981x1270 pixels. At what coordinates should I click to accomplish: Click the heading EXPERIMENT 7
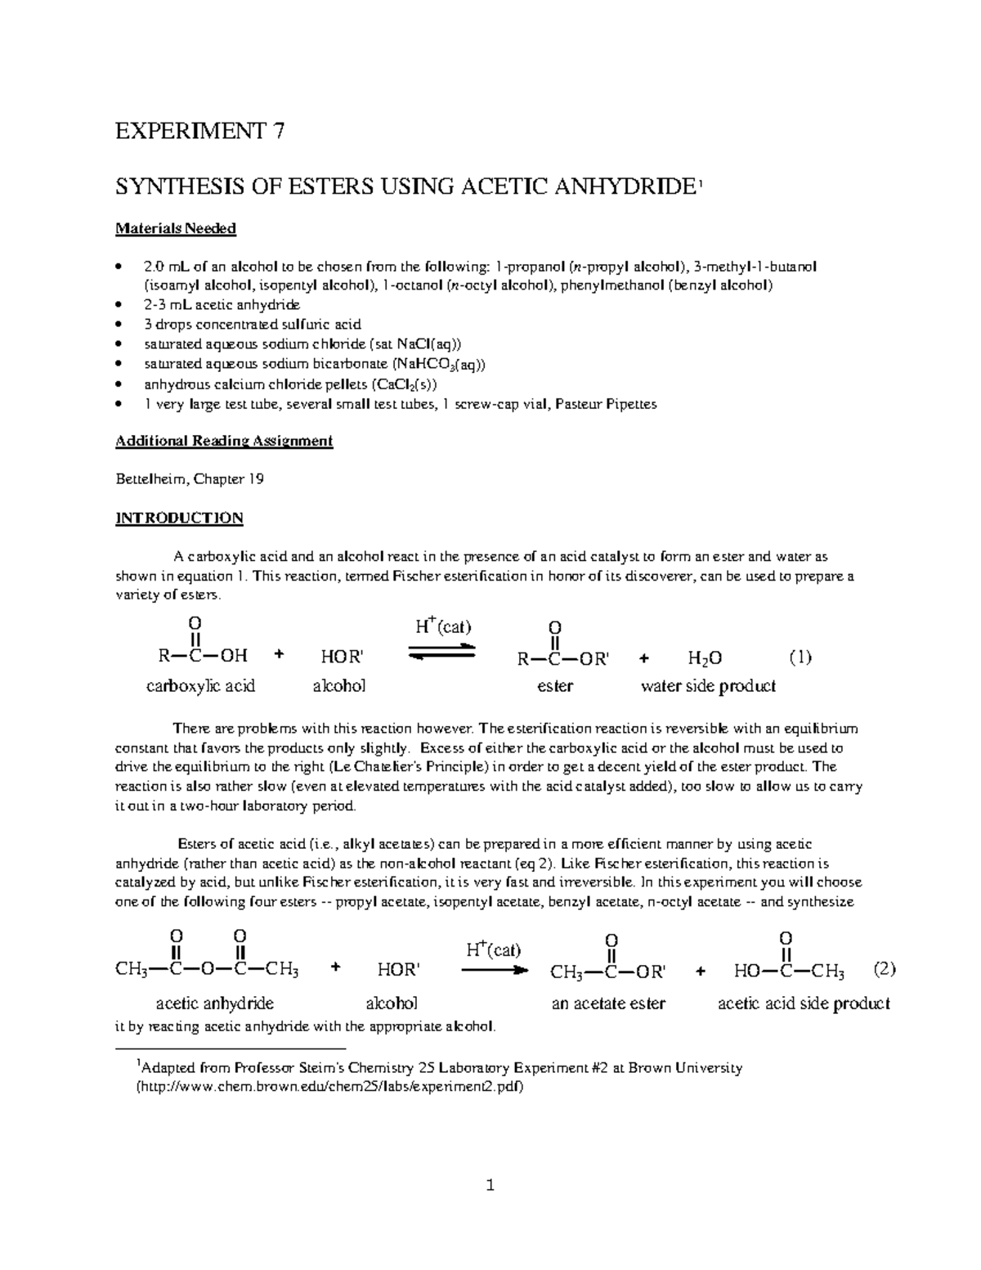(x=200, y=132)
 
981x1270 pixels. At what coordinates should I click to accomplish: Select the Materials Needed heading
(x=176, y=229)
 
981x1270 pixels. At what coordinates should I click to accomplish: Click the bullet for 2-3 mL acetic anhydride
(x=119, y=305)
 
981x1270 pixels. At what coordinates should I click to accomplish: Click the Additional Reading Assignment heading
(x=224, y=441)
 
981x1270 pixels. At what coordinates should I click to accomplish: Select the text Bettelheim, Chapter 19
(x=190, y=479)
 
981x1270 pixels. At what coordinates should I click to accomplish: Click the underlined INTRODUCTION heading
(x=179, y=518)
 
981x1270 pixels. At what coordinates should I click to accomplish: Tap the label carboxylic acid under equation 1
(x=200, y=686)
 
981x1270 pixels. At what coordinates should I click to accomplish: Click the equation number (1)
(x=800, y=657)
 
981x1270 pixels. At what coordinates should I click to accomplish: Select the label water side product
(x=707, y=686)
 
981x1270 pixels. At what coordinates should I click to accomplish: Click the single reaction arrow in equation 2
(x=491, y=971)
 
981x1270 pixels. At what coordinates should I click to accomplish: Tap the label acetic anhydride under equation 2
(x=214, y=1003)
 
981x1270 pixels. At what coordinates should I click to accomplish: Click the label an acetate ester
(x=608, y=1003)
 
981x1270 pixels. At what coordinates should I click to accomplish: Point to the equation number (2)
(x=885, y=970)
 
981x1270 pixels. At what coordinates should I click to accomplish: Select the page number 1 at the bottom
(x=490, y=1185)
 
